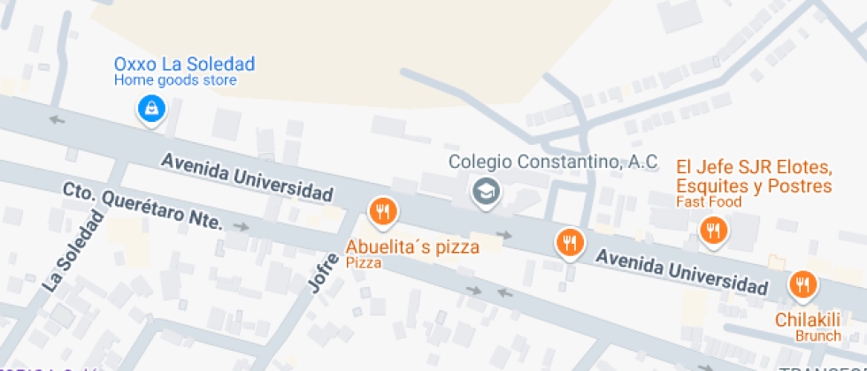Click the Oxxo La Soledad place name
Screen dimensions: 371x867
[184, 64]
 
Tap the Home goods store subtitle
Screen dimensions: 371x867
[175, 80]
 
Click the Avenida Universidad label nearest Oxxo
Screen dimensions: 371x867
[247, 177]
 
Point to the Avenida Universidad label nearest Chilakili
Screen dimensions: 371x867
[681, 272]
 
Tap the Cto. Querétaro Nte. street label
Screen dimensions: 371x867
[142, 205]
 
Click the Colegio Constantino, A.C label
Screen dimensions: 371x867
[553, 162]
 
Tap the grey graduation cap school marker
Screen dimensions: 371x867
[484, 191]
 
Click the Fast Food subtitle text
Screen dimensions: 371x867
[709, 202]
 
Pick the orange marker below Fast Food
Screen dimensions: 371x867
[712, 231]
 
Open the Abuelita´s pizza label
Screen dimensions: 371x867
[412, 247]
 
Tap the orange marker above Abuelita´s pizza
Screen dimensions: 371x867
[382, 210]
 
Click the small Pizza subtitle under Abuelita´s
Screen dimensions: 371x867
[364, 263]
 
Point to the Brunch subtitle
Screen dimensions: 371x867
[818, 336]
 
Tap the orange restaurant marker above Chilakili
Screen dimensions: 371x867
[803, 284]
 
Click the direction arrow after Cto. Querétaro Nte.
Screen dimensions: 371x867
[240, 228]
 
